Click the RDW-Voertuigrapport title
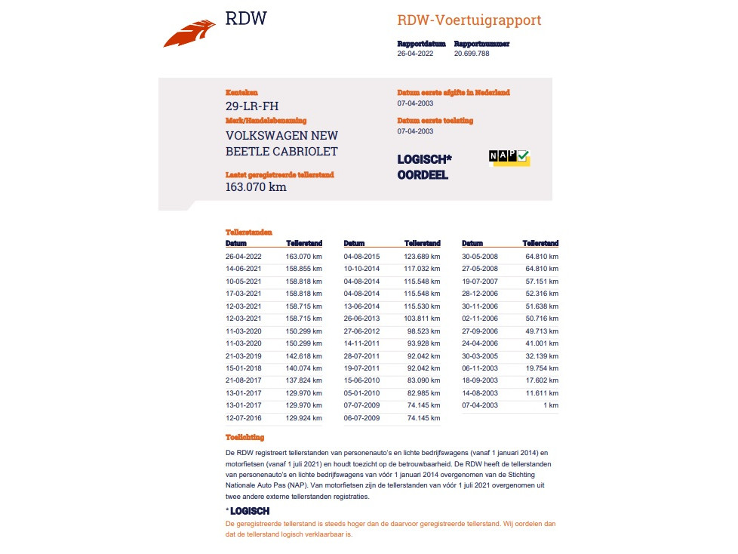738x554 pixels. click(469, 20)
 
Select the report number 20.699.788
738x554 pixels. click(472, 54)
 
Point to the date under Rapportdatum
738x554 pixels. click(415, 54)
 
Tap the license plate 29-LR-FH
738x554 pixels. click(252, 106)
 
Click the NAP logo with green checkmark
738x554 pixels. click(509, 157)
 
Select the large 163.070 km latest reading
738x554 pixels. click(256, 187)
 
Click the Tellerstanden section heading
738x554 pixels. click(248, 232)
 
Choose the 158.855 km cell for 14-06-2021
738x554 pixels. click(303, 269)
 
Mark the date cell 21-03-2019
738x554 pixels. click(243, 355)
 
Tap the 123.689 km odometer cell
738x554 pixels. click(422, 257)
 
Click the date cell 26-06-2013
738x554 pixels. click(361, 318)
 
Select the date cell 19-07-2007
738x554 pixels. click(480, 281)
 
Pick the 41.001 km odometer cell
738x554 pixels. click(542, 343)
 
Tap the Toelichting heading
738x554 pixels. click(244, 437)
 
